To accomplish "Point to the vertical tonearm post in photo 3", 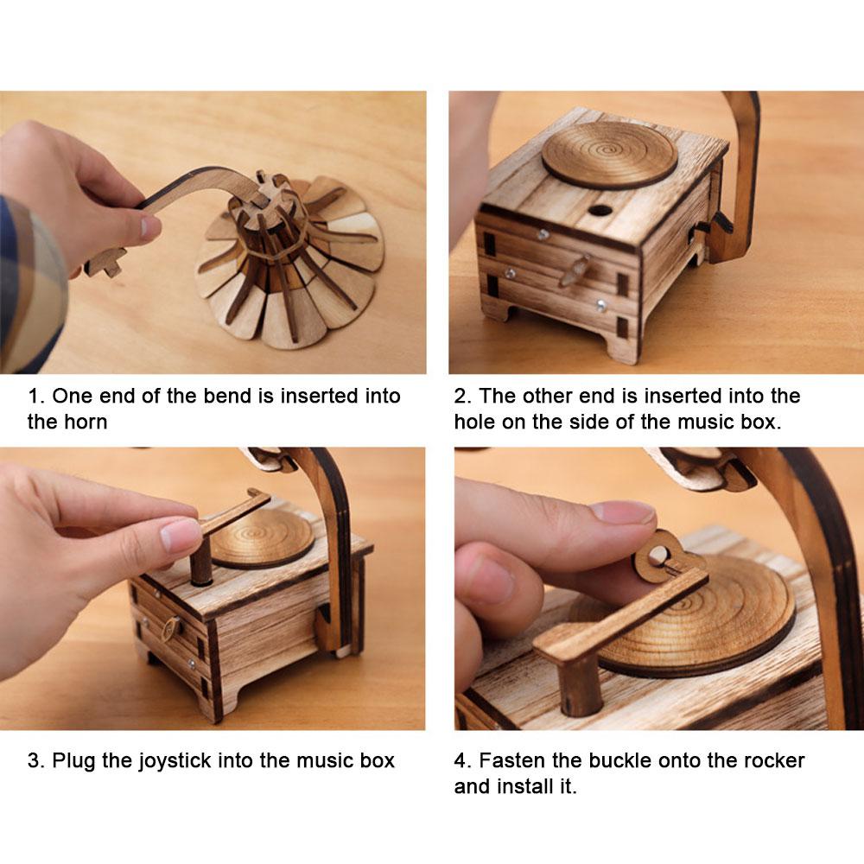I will pyautogui.click(x=201, y=562).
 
